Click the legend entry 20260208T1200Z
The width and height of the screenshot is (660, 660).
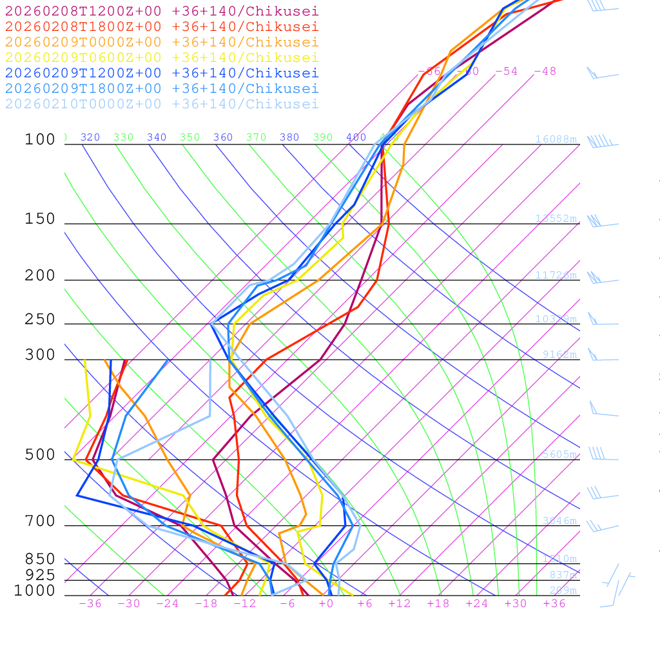click(x=162, y=12)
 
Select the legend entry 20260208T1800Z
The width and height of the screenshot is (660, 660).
click(x=162, y=27)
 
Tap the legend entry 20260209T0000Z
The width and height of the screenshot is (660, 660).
click(x=162, y=43)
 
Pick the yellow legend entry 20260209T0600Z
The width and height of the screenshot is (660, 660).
click(x=162, y=58)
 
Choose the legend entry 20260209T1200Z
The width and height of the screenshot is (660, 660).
click(x=162, y=73)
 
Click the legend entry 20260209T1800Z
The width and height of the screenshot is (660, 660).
click(x=162, y=89)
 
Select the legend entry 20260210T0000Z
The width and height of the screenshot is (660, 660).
click(x=162, y=104)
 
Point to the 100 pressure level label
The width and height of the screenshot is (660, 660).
click(x=40, y=140)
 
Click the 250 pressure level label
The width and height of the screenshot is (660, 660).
click(x=40, y=320)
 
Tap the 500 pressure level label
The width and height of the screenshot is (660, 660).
click(x=40, y=455)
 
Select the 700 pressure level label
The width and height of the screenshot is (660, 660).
click(x=40, y=521)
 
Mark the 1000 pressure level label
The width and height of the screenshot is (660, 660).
click(x=35, y=591)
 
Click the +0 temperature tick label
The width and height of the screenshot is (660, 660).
click(x=326, y=604)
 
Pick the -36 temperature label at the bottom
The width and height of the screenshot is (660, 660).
click(x=90, y=604)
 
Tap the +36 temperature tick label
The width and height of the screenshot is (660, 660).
click(x=554, y=604)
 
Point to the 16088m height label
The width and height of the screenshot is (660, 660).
click(x=556, y=139)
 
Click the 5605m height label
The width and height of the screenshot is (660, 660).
click(x=559, y=454)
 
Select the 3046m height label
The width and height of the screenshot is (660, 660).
click(x=559, y=521)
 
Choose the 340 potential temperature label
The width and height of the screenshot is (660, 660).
click(x=157, y=137)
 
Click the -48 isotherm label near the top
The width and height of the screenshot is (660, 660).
click(x=545, y=72)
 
